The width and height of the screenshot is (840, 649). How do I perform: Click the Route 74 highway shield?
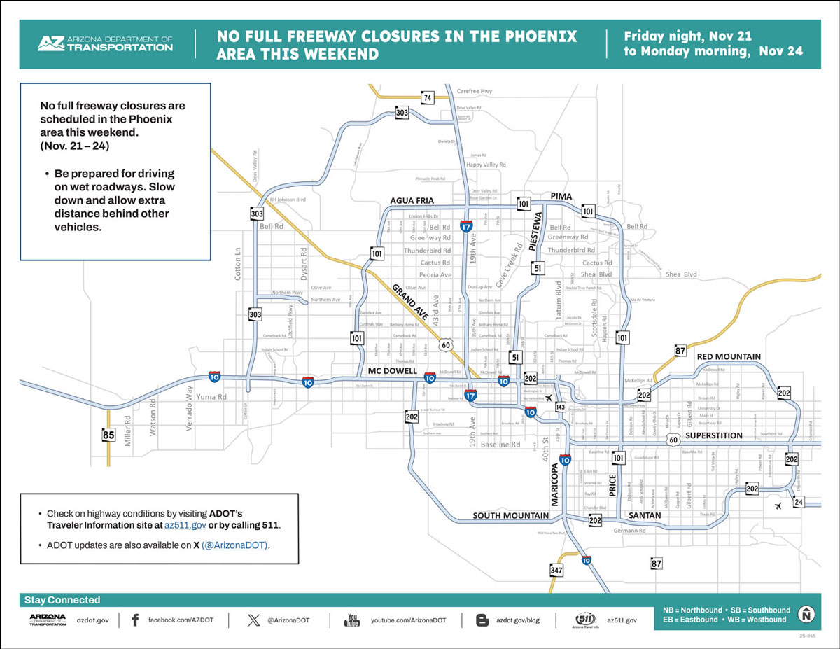(x=426, y=98)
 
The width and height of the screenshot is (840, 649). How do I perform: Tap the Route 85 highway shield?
(x=108, y=435)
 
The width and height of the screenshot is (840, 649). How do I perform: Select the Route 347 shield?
(x=556, y=571)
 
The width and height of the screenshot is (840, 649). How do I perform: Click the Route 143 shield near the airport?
(x=560, y=407)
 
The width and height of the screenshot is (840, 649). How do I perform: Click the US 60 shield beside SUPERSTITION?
(x=673, y=440)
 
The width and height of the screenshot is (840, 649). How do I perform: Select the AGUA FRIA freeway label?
(x=412, y=202)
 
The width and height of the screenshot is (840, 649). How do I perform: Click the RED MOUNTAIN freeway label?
(x=728, y=357)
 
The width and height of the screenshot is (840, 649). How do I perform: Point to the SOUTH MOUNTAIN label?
(x=510, y=516)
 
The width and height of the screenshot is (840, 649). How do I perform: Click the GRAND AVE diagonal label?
(x=411, y=302)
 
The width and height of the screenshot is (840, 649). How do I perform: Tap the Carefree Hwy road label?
(x=475, y=91)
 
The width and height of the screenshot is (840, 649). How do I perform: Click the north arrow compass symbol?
(x=807, y=614)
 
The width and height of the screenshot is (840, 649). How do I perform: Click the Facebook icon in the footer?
(x=135, y=620)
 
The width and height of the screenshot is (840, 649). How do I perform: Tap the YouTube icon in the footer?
(x=352, y=620)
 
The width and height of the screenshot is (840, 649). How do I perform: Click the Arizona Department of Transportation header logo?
(x=105, y=43)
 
